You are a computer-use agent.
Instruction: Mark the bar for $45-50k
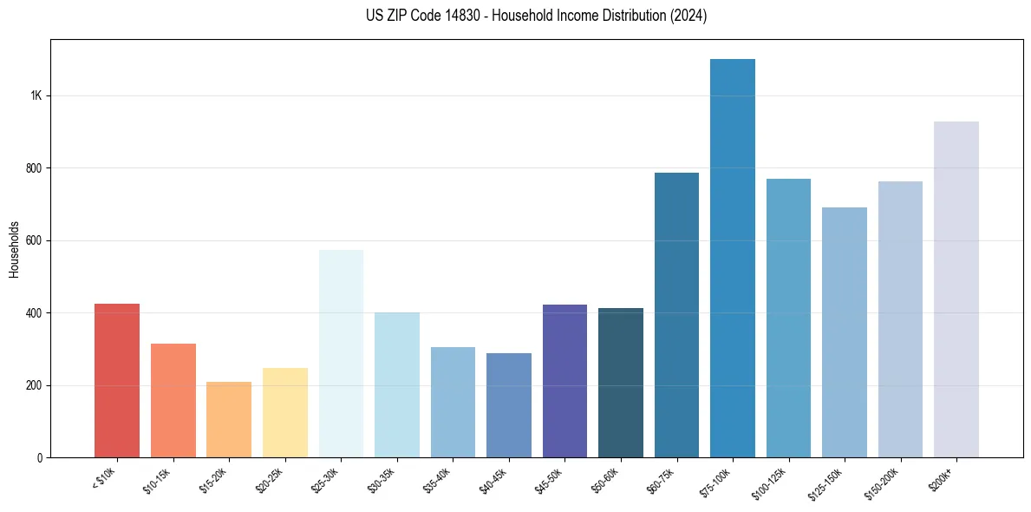tap(564, 381)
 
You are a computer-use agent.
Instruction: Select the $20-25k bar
tap(285, 412)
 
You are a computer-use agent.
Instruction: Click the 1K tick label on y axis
tap(36, 95)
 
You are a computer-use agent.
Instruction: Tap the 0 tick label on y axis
tap(39, 457)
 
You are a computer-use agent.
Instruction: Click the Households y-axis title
tap(14, 248)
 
